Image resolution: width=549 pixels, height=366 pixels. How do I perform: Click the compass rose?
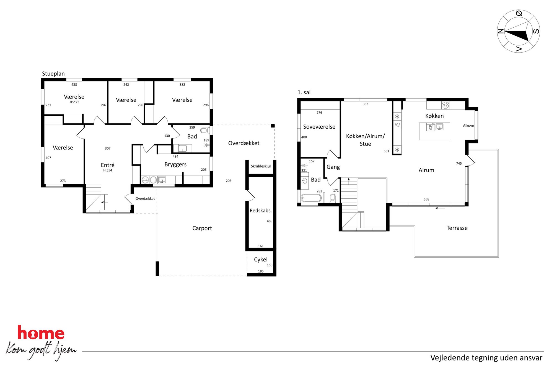[x=518, y=31]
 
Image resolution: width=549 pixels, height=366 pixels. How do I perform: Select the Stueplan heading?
[x=53, y=74]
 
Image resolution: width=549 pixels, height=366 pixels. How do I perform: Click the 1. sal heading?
[x=304, y=92]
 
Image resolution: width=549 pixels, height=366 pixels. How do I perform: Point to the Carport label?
[x=202, y=228]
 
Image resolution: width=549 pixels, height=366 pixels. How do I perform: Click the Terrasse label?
[x=457, y=228]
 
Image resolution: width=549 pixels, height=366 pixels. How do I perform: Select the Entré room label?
[x=108, y=165]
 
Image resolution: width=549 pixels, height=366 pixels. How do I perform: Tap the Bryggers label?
[x=175, y=165]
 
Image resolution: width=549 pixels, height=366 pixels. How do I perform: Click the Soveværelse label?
[x=319, y=127]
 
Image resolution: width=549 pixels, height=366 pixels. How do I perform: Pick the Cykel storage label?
[x=261, y=259]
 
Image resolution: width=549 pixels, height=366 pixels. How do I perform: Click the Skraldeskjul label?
[x=261, y=166]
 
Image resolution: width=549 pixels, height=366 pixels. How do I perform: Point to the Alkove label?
[x=468, y=126]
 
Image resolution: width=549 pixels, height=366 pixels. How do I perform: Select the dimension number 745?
[x=459, y=163]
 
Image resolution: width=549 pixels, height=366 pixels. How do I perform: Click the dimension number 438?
[x=74, y=85]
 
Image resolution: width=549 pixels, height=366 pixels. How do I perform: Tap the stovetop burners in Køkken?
[x=446, y=105]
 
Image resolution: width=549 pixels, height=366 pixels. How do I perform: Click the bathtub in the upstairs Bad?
[x=311, y=198]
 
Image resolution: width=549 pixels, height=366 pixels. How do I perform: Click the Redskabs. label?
[x=261, y=211]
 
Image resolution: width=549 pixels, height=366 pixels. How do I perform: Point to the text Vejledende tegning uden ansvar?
[x=486, y=358]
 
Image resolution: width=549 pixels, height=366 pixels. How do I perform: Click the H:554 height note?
[x=108, y=170]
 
